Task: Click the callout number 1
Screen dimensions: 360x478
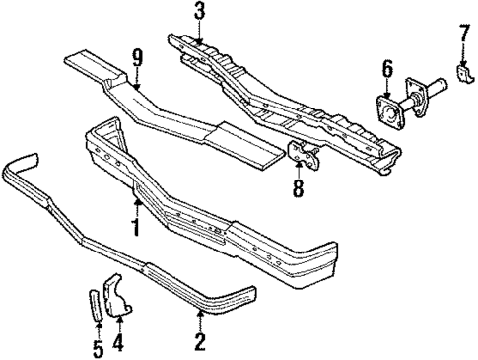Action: (135, 227)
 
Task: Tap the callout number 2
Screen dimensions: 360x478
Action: (200, 343)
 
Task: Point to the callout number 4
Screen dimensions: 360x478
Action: (118, 344)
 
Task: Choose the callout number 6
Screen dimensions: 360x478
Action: (386, 69)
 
